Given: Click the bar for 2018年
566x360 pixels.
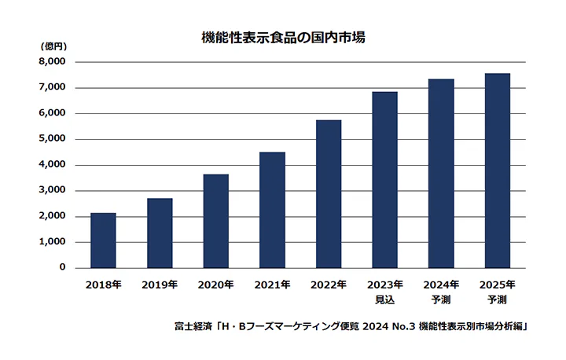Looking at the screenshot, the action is [103, 241].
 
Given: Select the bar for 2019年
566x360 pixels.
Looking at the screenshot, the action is [160, 233].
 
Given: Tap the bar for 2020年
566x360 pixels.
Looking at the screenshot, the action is [216, 222].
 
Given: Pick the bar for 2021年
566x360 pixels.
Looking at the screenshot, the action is [272, 210].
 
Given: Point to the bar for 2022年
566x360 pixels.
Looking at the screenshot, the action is [329, 194].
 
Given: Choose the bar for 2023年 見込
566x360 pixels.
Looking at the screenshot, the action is [384, 180].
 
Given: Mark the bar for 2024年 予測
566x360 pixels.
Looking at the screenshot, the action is [441, 174].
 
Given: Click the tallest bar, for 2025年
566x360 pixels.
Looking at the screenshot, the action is [498, 171].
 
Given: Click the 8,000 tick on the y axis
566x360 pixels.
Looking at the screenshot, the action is [53, 61].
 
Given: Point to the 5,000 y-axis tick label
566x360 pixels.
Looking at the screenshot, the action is [53, 138].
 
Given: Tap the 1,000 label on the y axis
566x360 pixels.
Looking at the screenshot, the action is [53, 241].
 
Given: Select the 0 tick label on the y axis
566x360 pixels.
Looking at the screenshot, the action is [62, 266].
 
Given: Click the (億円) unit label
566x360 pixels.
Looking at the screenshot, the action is [53, 46].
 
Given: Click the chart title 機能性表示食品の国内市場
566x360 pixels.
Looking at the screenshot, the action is [283, 37].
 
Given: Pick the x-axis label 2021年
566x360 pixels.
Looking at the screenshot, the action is [272, 285].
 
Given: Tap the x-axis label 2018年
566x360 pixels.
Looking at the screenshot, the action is [103, 285].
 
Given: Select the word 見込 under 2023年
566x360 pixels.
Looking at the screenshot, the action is [384, 299].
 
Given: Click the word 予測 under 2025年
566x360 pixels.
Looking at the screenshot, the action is [498, 299].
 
